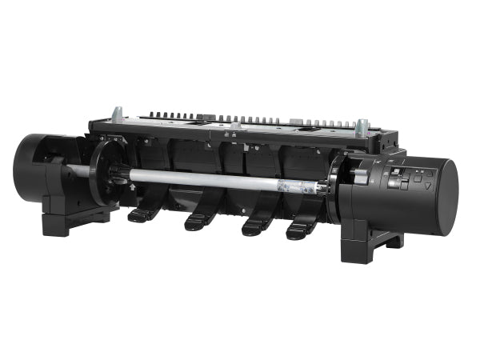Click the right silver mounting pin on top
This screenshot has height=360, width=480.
362,126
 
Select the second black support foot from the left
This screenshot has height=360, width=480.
200,221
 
